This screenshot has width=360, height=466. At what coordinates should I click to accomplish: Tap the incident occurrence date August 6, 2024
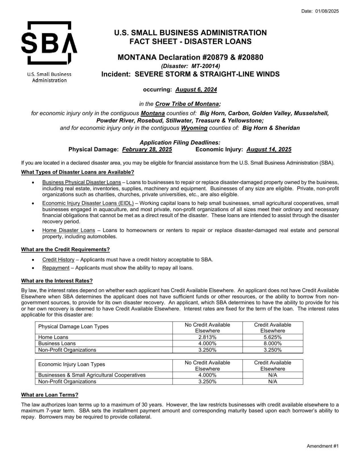click(x=196, y=90)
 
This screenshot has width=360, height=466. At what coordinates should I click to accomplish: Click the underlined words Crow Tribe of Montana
click(x=187, y=104)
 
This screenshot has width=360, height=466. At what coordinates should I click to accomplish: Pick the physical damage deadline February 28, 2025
click(x=147, y=149)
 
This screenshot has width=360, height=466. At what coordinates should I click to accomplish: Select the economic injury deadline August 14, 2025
click(x=269, y=149)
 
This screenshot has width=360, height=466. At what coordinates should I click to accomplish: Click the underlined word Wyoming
click(x=194, y=128)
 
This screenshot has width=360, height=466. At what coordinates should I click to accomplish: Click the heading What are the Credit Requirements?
click(x=65, y=250)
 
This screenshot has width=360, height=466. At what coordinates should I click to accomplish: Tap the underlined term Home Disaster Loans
click(x=69, y=230)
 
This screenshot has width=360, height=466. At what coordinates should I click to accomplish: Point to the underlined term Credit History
click(x=58, y=259)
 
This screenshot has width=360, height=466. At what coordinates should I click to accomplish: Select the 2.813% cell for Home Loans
click(x=207, y=337)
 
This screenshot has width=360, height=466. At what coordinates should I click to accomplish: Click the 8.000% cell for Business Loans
click(x=272, y=343)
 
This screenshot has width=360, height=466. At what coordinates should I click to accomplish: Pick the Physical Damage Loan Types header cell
click(x=73, y=327)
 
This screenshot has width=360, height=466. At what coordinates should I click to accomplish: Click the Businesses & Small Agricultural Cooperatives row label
click(x=92, y=375)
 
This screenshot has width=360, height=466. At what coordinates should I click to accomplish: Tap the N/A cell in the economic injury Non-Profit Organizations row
click(x=272, y=382)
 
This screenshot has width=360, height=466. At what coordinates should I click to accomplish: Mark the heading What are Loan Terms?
click(x=50, y=395)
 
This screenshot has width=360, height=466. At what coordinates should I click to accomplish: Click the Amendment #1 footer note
click(x=322, y=446)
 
